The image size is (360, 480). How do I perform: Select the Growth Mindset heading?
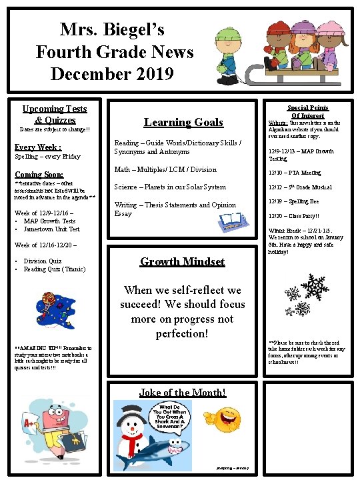click(182, 261)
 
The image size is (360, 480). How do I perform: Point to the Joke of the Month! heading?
click(183, 393)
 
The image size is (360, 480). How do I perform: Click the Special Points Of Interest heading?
click(307, 111)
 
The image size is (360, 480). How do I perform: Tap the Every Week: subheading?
click(38, 147)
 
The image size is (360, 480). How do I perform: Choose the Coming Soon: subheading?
click(39, 175)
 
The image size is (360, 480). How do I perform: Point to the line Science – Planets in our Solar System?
click(170, 187)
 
